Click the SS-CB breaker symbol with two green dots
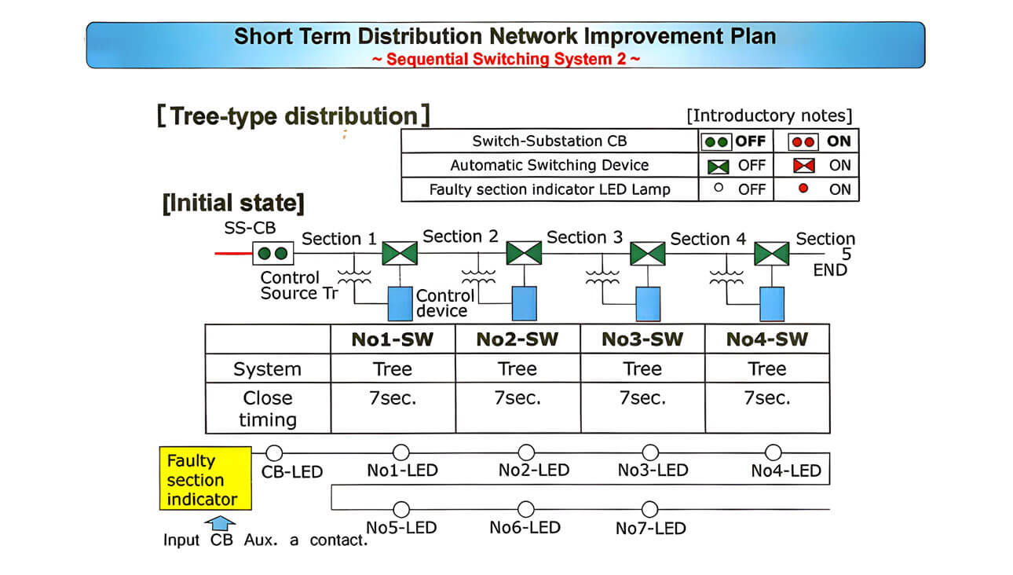[x=273, y=254]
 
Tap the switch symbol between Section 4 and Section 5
[x=771, y=254]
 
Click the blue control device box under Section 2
[x=524, y=303]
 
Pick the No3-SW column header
[x=642, y=339]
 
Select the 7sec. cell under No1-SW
[x=393, y=398]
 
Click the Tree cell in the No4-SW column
[x=766, y=369]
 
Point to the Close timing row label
[x=268, y=408]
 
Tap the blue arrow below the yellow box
[x=223, y=522]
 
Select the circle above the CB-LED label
[x=274, y=453]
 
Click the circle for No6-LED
[x=525, y=509]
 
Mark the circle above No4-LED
[x=773, y=452]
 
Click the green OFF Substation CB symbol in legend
[x=717, y=142]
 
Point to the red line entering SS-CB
[x=233, y=254]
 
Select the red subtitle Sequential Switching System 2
[x=506, y=59]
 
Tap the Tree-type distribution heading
[x=293, y=116]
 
